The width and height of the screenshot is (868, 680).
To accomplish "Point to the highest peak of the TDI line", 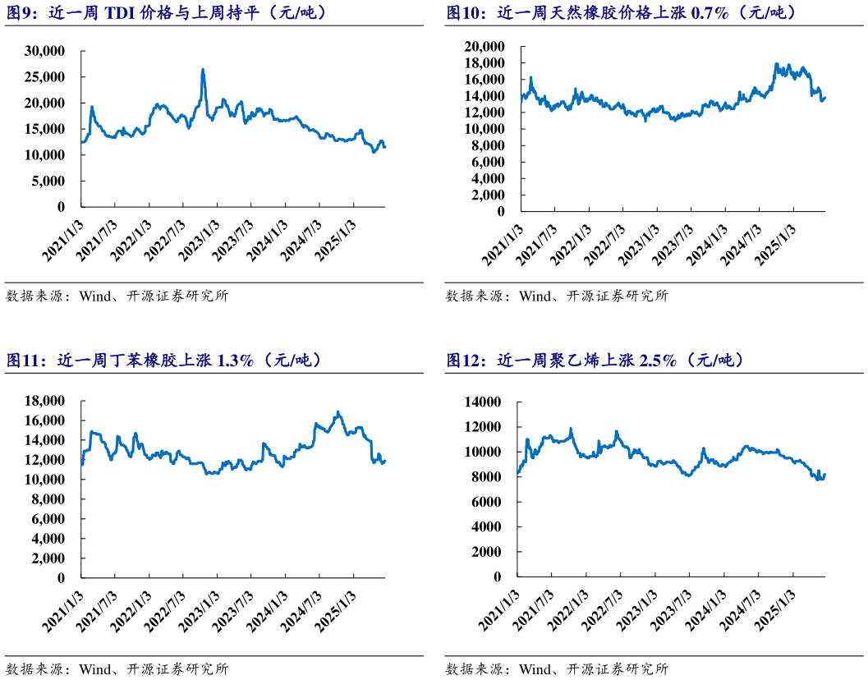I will tap(203, 70).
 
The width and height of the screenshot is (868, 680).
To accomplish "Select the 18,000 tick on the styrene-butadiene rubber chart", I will tap(47, 401).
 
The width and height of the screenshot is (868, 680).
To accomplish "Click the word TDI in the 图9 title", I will tap(123, 12).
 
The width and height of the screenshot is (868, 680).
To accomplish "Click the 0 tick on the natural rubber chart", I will tap(500, 211).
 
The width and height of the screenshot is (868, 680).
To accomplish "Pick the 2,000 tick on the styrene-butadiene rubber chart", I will tap(51, 558).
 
